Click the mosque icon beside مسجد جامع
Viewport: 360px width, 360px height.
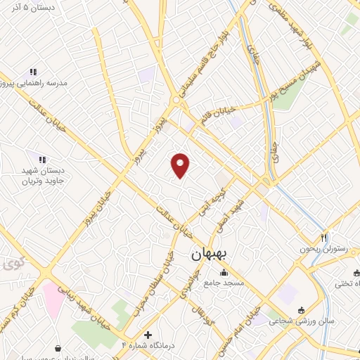(224, 273)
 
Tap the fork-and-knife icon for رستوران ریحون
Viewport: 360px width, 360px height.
(324, 238)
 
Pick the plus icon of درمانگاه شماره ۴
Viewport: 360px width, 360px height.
(148, 335)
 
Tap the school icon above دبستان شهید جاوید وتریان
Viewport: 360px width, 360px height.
(41, 160)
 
